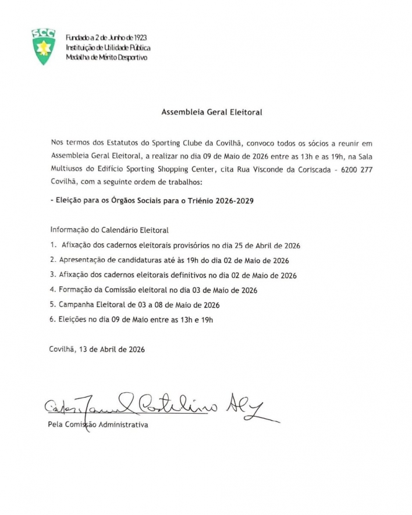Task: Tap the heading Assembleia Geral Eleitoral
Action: coord(206,113)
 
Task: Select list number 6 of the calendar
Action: coord(54,319)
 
